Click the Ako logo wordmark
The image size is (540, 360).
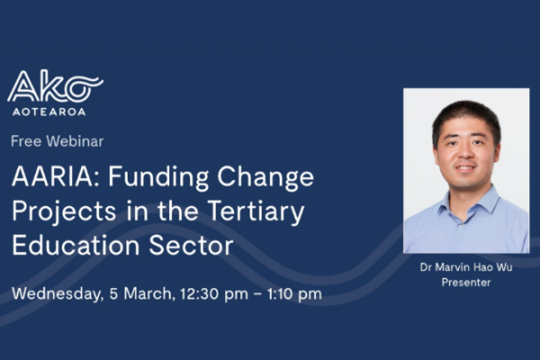[x=55, y=88]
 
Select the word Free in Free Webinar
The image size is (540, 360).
[x=26, y=141]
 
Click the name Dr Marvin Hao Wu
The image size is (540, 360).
[x=465, y=267]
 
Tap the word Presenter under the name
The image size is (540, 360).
[x=465, y=282]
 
